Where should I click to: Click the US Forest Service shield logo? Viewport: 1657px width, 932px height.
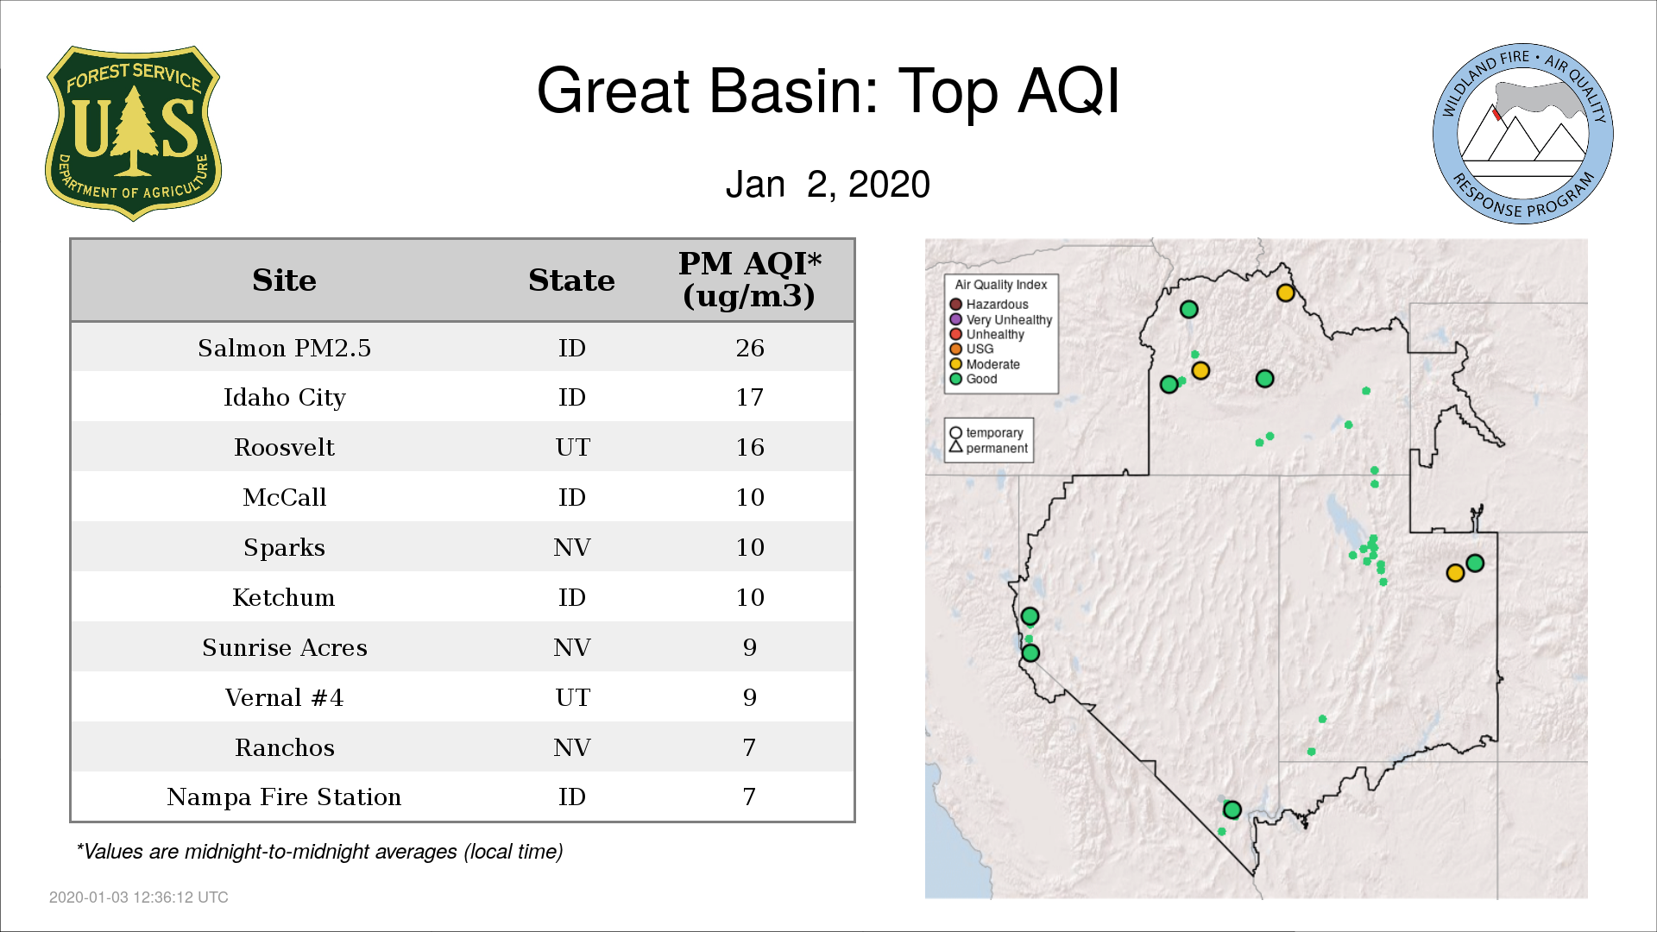point(133,133)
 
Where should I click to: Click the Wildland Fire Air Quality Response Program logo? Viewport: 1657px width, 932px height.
point(1523,134)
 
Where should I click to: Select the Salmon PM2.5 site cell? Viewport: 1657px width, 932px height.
point(284,348)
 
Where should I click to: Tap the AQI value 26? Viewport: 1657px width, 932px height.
point(750,348)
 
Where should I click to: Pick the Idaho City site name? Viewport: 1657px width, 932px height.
point(284,398)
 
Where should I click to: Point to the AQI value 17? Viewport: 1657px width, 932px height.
point(750,398)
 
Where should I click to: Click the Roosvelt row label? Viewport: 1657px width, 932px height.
point(284,447)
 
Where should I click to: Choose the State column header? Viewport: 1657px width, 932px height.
point(571,280)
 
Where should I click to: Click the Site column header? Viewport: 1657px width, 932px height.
point(284,280)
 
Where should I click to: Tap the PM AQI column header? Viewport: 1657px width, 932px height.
point(749,280)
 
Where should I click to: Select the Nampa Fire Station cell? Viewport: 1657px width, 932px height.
point(284,797)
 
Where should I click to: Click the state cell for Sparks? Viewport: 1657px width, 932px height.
point(572,547)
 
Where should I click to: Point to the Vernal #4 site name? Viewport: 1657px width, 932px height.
point(284,697)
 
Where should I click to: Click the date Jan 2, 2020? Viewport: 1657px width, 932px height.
point(828,185)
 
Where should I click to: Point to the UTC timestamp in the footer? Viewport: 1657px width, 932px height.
point(139,897)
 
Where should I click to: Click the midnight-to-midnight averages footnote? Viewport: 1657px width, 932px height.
point(319,852)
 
